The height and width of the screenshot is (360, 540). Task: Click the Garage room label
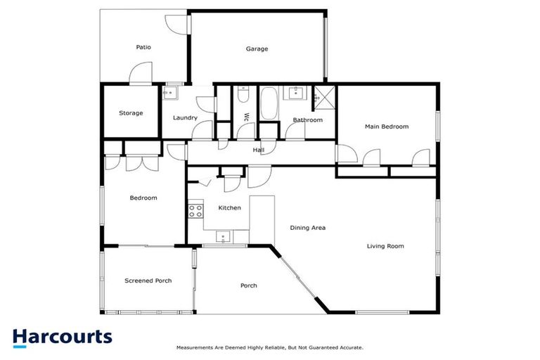point(257,49)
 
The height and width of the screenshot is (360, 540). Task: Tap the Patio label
point(143,47)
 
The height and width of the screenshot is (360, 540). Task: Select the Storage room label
point(131,113)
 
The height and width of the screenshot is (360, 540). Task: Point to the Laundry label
point(185,118)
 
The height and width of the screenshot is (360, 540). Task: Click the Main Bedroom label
point(386,127)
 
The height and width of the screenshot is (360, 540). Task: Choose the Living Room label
point(385,246)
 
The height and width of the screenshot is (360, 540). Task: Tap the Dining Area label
point(309,228)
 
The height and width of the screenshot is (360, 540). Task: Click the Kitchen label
point(230,208)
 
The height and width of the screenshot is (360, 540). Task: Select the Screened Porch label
point(148,281)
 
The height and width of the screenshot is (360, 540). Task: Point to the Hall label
point(259,150)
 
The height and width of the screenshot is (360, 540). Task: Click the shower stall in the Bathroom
point(324,96)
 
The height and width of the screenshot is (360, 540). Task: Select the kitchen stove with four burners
point(195,211)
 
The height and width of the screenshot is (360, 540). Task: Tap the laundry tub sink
point(171,93)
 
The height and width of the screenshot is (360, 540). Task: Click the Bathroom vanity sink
point(294,92)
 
